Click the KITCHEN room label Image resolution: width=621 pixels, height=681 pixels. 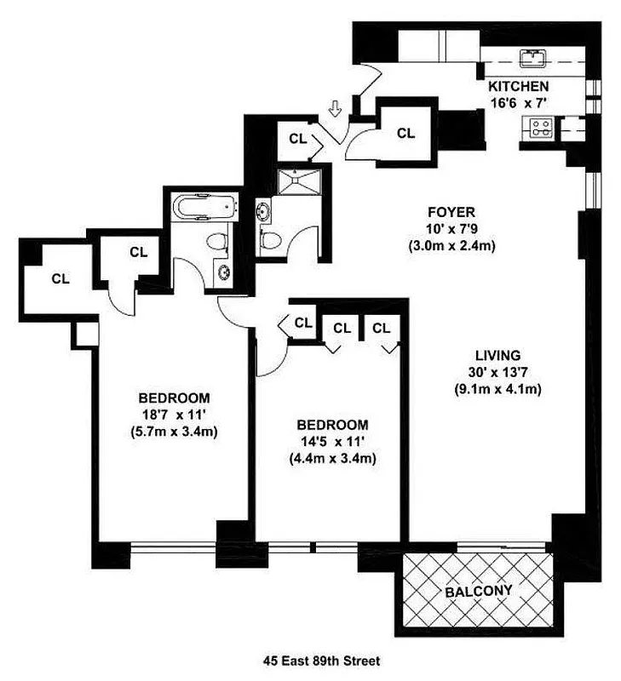(518, 87)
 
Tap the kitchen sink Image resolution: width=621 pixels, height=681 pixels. (534, 59)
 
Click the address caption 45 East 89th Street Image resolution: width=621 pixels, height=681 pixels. (309, 660)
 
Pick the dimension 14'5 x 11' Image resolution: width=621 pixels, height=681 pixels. (332, 442)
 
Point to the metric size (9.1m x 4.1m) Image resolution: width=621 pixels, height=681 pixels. (498, 390)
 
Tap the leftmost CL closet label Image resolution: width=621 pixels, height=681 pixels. (60, 278)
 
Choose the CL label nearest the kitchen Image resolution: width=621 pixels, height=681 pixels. (405, 133)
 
